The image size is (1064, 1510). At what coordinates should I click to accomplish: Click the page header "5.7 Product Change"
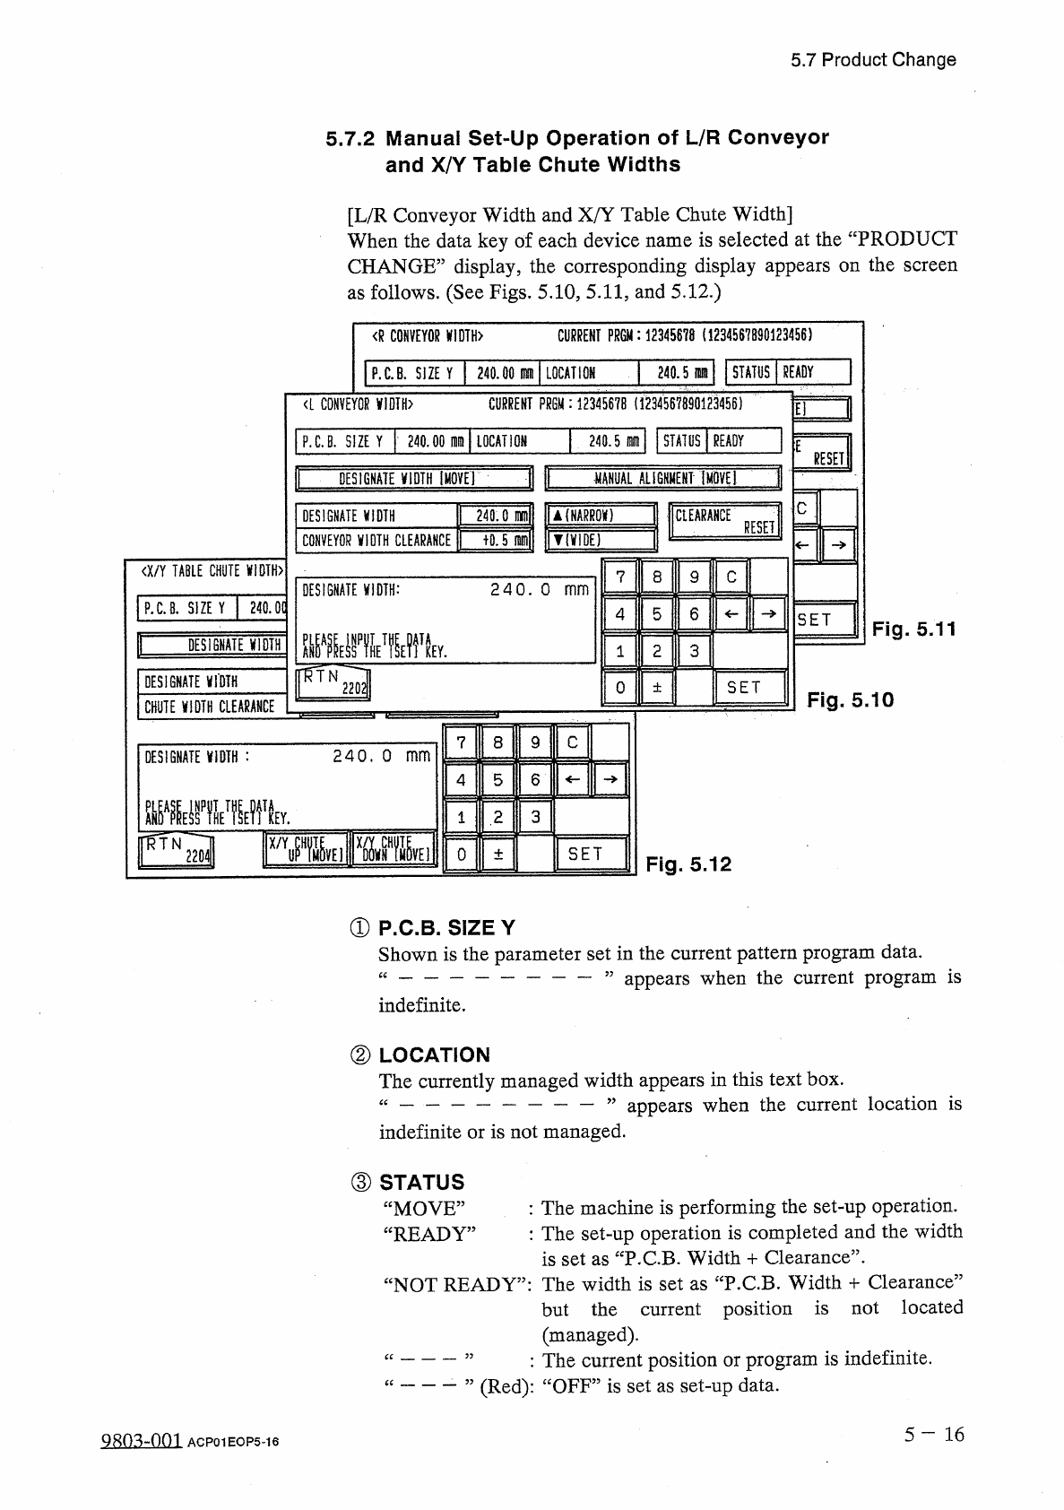pyautogui.click(x=873, y=60)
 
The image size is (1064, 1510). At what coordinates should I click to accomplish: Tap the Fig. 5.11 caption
pyautogui.click(x=913, y=629)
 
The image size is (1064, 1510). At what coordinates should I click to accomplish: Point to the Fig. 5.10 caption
pyautogui.click(x=851, y=699)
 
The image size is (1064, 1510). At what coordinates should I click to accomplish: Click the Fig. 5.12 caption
pyautogui.click(x=688, y=864)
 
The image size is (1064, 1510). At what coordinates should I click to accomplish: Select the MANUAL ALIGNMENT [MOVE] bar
pyautogui.click(x=663, y=478)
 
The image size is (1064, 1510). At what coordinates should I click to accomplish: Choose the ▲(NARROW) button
pyautogui.click(x=601, y=516)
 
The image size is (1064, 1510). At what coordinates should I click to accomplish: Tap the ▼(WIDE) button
pyautogui.click(x=601, y=540)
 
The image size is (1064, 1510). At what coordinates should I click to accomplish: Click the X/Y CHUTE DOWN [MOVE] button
pyautogui.click(x=394, y=848)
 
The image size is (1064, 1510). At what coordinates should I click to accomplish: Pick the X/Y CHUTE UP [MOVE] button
pyautogui.click(x=305, y=848)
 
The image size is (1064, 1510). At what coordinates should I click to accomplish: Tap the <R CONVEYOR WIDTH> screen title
pyautogui.click(x=428, y=336)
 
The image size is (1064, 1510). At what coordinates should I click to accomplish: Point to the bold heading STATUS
pyautogui.click(x=421, y=1182)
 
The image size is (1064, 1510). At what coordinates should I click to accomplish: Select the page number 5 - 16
pyautogui.click(x=933, y=1435)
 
